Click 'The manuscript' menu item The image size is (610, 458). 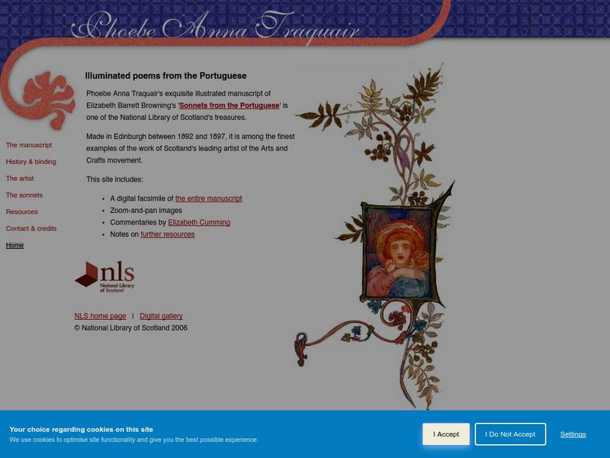[x=29, y=145]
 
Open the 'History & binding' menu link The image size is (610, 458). [x=31, y=162]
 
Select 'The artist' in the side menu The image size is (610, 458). [x=21, y=179]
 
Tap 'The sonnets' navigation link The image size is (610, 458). [x=24, y=195]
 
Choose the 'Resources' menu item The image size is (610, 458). [x=22, y=212]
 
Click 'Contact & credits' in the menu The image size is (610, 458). [x=31, y=229]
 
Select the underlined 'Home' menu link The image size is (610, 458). [x=15, y=246]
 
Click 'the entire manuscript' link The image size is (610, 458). [x=208, y=198]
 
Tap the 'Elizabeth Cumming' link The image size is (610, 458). [x=199, y=223]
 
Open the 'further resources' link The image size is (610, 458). [x=168, y=235]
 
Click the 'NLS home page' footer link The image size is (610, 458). [x=100, y=316]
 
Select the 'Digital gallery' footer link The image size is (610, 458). [x=161, y=316]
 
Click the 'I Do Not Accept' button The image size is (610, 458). [x=510, y=434]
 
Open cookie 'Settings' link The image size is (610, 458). [x=573, y=434]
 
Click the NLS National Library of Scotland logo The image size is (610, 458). [x=104, y=276]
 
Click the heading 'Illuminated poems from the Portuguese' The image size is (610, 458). [x=165, y=76]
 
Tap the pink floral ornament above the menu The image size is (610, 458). [x=48, y=98]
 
